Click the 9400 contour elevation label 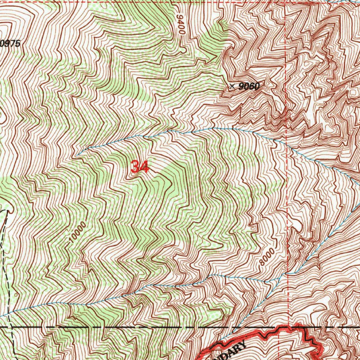click(181, 25)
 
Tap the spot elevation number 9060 click(250, 86)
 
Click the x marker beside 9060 click(232, 86)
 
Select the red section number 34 click(140, 167)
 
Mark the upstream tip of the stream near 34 click(77, 155)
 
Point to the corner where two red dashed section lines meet click(287, 4)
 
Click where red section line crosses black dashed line click(288, 327)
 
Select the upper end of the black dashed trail click(8, 211)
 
